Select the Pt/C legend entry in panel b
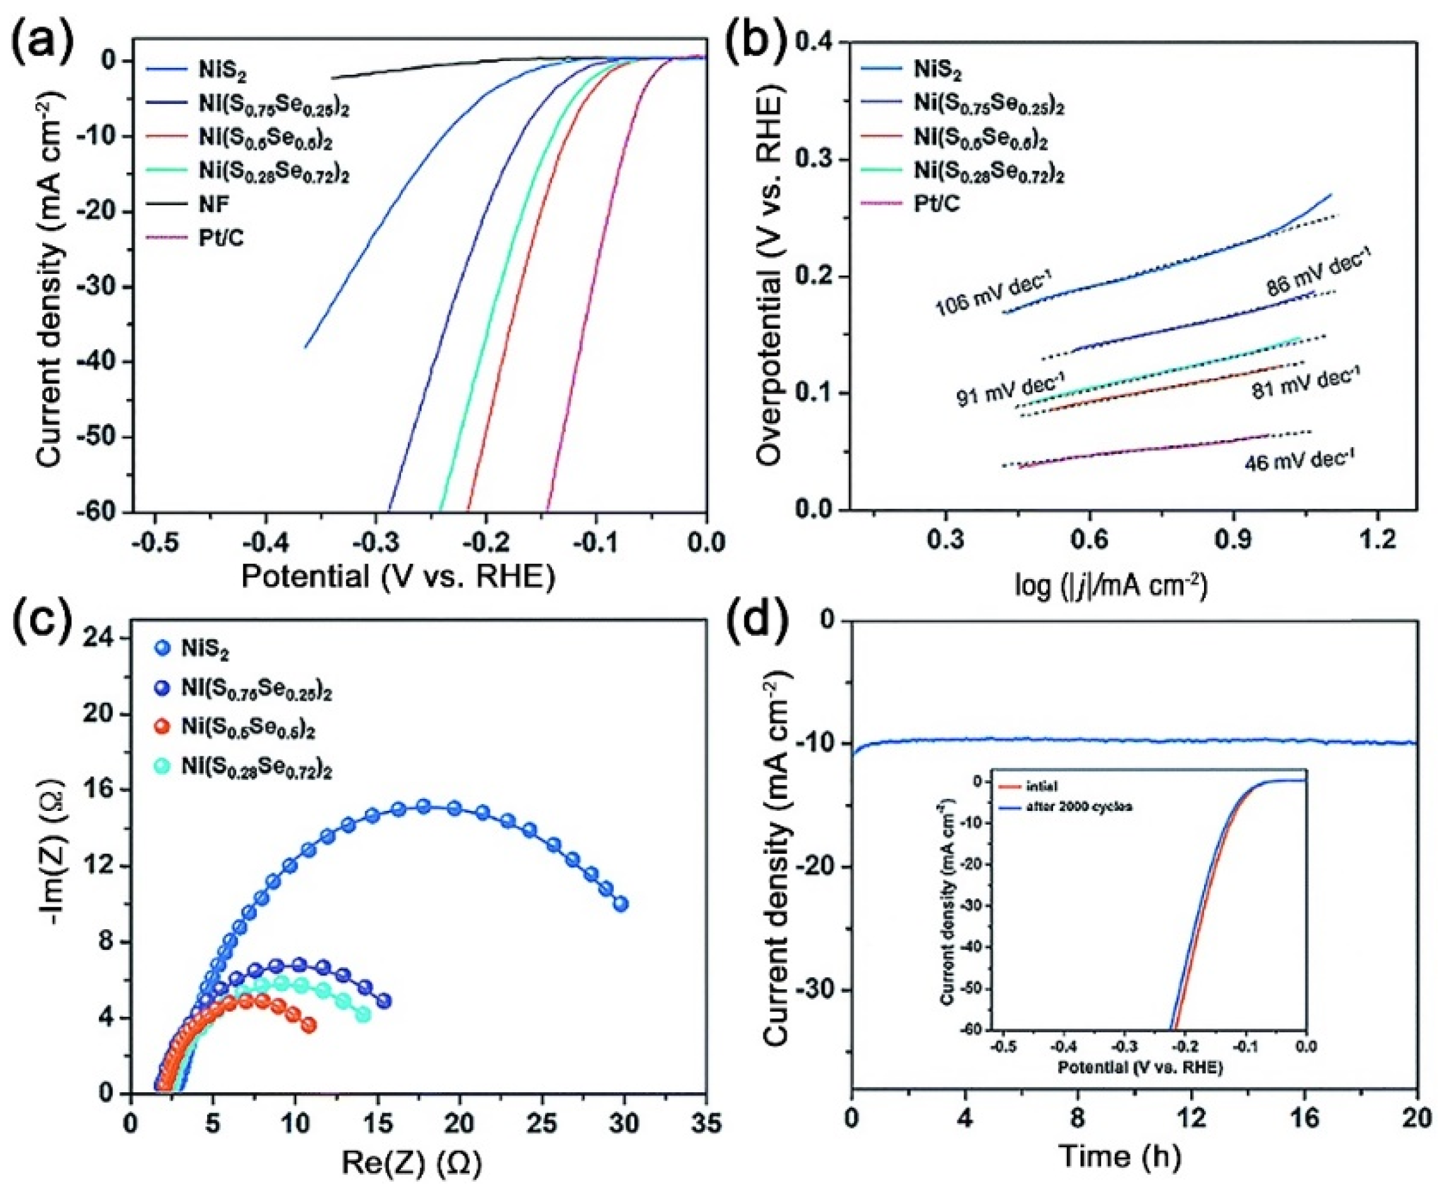[937, 203]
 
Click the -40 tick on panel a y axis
[106, 362]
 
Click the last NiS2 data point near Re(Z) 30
[621, 905]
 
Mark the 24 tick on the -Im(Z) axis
[101, 640]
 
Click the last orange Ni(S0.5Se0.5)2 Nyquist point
[308, 1026]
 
